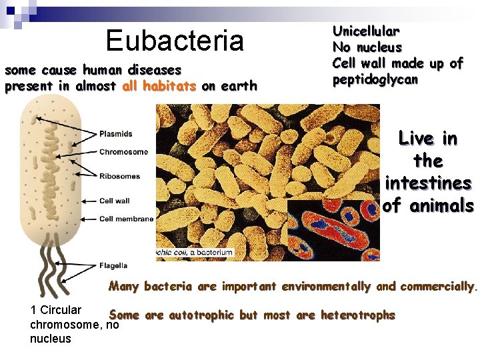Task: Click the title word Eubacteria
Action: [175, 41]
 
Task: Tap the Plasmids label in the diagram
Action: [116, 134]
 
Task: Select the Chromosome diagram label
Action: [123, 152]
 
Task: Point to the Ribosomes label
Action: [119, 176]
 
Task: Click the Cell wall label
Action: [114, 201]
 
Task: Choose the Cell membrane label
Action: [126, 219]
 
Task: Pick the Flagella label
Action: [113, 265]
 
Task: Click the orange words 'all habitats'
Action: [159, 86]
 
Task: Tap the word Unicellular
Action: [366, 31]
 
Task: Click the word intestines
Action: [428, 183]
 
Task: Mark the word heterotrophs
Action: [357, 315]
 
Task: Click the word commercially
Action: [437, 287]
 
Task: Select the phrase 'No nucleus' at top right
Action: [367, 47]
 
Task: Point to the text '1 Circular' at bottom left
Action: [56, 310]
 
